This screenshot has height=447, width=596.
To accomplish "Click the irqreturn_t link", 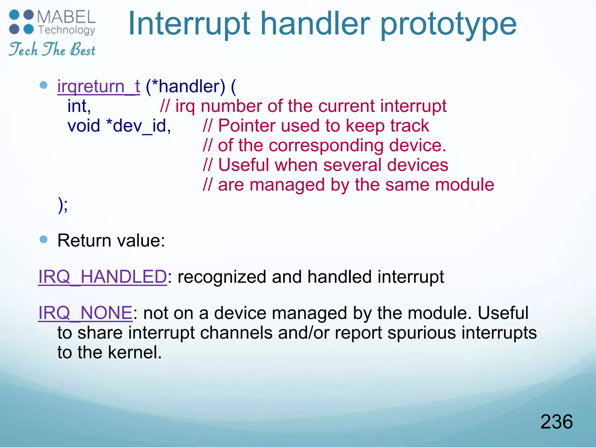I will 98,86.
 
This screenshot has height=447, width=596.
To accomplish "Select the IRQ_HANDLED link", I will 102,276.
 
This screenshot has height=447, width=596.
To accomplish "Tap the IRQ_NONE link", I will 85,313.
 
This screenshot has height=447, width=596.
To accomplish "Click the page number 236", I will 556,422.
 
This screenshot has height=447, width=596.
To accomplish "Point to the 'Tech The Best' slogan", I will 52,49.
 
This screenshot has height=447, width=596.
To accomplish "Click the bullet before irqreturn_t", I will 43,85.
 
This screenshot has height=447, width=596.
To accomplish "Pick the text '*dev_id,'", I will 139,126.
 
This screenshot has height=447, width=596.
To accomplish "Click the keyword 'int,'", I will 79,106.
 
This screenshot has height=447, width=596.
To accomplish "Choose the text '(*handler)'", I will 185,86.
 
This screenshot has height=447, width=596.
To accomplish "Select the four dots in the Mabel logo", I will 22,22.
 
